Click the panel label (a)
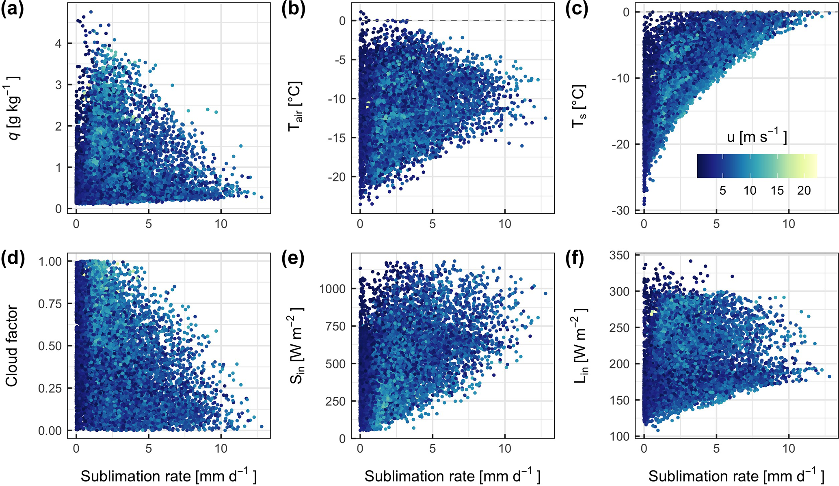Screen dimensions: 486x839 click(x=12, y=10)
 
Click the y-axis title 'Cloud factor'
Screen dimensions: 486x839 click(x=12, y=346)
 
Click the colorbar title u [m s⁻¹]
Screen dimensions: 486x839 click(x=757, y=137)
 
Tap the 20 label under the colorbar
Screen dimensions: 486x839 click(x=804, y=190)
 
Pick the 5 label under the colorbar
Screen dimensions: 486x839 click(x=722, y=190)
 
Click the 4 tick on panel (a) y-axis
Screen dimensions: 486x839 click(x=58, y=43)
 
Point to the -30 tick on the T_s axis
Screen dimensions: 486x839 click(x=620, y=210)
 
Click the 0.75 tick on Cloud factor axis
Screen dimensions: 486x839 click(x=50, y=303)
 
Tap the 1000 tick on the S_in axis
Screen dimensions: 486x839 click(x=332, y=288)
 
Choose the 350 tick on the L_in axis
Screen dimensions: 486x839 click(x=619, y=255)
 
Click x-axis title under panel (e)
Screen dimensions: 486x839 click(x=452, y=476)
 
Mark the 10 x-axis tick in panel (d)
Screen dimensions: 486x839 click(x=221, y=448)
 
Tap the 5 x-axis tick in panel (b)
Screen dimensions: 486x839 click(x=432, y=224)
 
